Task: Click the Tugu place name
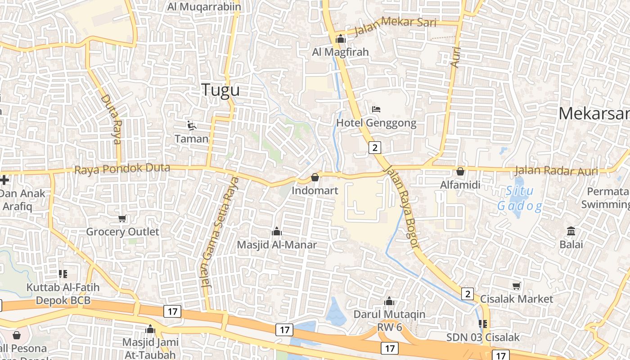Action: click(220, 90)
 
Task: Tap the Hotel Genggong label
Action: click(376, 123)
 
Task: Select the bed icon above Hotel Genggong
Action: click(376, 109)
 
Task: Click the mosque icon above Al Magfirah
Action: click(340, 39)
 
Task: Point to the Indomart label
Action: click(315, 190)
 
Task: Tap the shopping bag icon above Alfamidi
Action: click(460, 171)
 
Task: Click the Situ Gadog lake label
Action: click(519, 198)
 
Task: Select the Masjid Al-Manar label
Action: click(277, 245)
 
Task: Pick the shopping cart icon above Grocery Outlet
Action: click(122, 219)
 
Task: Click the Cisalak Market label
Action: click(516, 299)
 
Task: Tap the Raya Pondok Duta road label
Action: click(122, 169)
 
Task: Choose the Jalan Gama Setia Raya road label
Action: click(220, 232)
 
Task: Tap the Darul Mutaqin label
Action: click(389, 314)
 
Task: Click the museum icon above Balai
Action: click(571, 231)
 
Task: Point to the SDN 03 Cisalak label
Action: click(483, 337)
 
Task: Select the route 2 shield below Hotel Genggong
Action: click(375, 147)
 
